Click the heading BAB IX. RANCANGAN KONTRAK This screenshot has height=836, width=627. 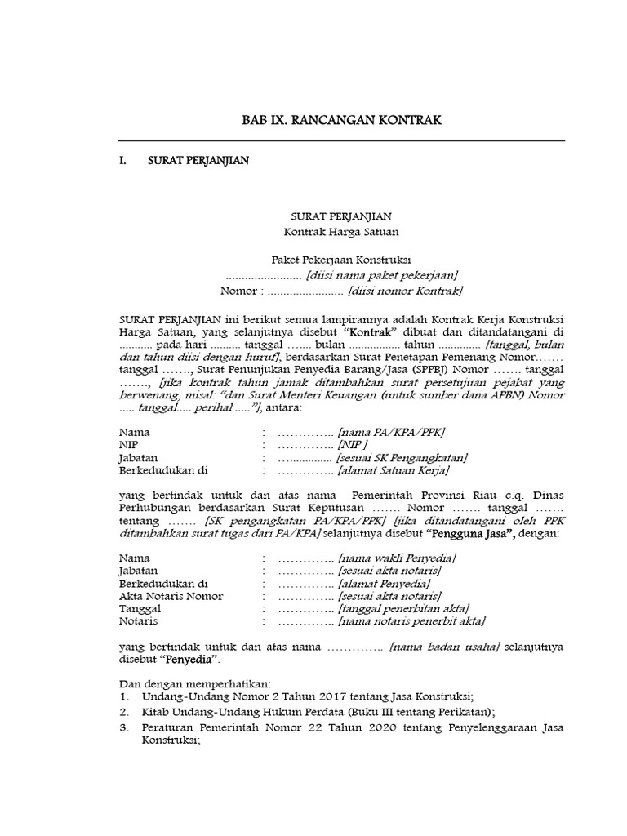click(342, 120)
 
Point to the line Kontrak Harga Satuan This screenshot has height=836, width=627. click(342, 232)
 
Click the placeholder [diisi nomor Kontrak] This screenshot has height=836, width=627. click(405, 290)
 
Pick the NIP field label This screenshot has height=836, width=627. click(127, 444)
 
